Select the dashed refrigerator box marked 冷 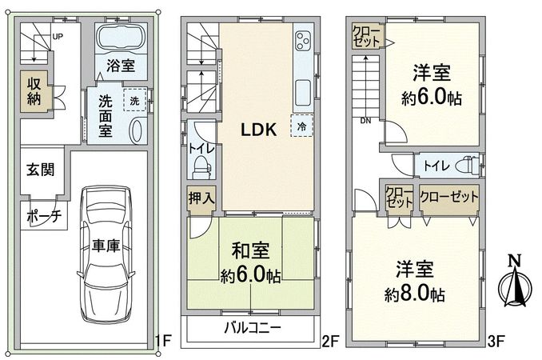pos(301,126)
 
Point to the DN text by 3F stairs pos(365,122)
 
